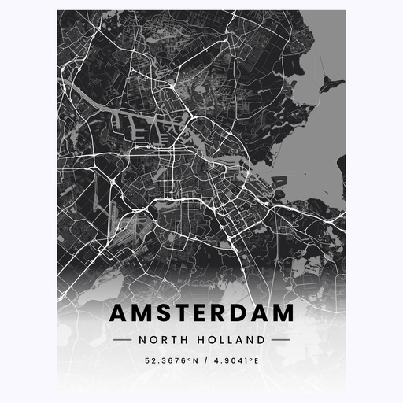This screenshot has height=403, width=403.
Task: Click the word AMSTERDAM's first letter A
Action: (119, 312)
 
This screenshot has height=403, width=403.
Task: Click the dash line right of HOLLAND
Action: (280, 340)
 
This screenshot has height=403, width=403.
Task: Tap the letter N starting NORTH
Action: (142, 340)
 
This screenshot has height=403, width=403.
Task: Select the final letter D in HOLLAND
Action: (261, 340)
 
